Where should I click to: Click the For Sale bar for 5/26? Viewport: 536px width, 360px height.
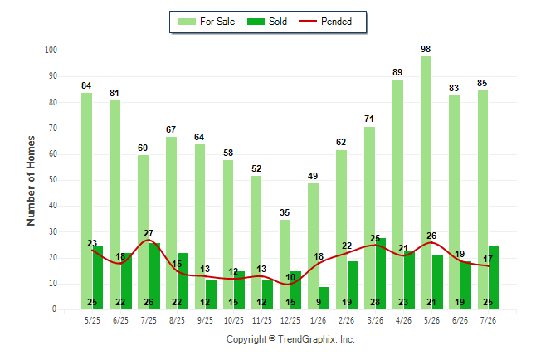426,183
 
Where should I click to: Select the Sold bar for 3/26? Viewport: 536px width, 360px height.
381,274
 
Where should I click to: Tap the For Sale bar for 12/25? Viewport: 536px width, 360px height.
285,265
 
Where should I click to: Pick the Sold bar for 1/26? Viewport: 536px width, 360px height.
324,298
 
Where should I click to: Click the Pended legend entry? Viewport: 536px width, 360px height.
325,22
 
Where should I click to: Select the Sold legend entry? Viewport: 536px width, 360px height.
267,22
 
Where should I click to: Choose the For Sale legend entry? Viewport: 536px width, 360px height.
207,22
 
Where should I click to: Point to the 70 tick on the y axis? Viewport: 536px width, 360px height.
52,129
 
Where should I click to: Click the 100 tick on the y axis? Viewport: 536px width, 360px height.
51,51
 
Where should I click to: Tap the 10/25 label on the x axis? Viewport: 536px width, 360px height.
234,320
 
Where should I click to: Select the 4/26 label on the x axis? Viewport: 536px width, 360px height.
403,320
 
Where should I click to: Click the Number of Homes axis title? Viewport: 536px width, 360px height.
31,181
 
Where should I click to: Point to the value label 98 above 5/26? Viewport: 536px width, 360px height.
426,49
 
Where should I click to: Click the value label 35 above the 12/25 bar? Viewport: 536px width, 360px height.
285,212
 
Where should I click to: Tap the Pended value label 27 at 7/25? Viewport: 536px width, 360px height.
149,233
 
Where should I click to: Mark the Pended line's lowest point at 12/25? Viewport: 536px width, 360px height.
289,285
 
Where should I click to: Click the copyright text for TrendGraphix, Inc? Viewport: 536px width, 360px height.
290,339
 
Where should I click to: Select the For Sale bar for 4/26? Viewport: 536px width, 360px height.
397,195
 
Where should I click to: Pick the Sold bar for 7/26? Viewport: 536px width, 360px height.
494,277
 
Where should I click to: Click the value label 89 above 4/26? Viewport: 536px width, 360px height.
397,72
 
